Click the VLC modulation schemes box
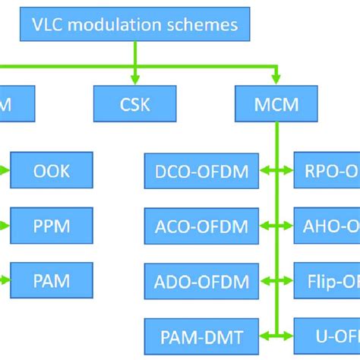[x=134, y=24]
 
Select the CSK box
[x=135, y=103]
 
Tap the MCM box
[x=276, y=103]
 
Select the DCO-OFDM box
[x=202, y=172]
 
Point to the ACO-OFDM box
[x=202, y=226]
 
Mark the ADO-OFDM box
[x=202, y=281]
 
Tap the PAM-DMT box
[x=202, y=335]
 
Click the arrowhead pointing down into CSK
[x=135, y=80]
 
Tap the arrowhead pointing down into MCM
[x=276, y=80]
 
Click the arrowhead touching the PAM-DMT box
[x=266, y=335]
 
